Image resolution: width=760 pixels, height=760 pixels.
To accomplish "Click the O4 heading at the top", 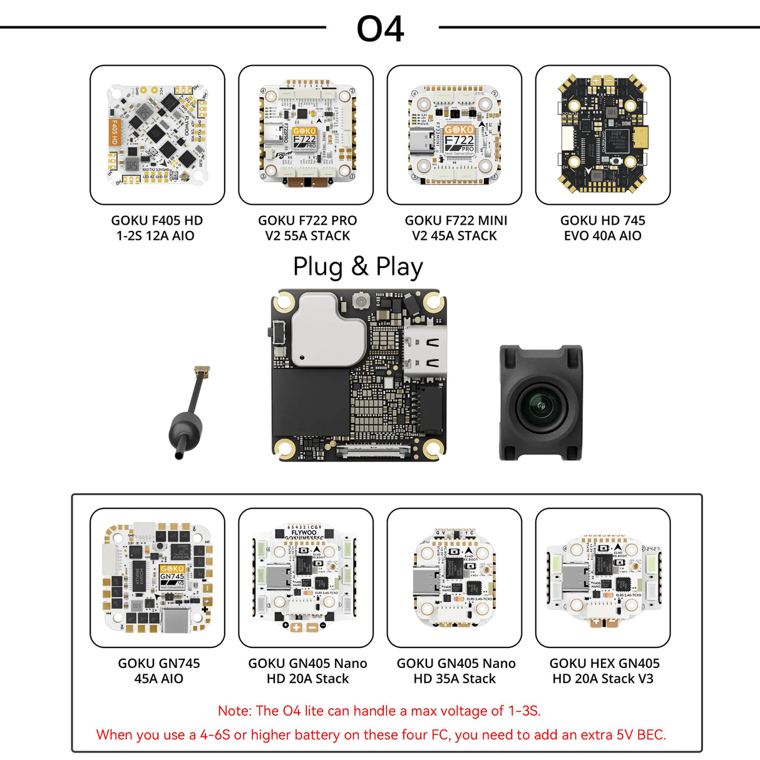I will (380, 29).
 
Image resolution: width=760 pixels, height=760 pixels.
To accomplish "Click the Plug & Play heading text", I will (358, 267).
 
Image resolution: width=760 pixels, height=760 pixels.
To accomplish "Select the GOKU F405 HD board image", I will (157, 135).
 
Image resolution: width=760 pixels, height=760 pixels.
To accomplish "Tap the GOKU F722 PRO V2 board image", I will (306, 135).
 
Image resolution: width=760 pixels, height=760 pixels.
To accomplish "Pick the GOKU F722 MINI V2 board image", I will (454, 135).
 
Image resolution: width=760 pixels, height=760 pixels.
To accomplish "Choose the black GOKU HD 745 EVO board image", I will (602, 135).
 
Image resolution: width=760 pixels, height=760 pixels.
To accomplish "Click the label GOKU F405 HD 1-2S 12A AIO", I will (157, 228).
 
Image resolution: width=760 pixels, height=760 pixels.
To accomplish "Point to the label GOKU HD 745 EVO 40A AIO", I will (602, 228).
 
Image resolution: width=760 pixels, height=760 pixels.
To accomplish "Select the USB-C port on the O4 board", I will (426, 352).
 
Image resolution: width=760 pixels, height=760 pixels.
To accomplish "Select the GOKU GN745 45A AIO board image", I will (157, 577).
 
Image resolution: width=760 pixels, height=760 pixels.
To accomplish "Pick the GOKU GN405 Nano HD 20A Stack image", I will (306, 577).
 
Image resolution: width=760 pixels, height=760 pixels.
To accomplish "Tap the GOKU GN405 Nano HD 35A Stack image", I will (454, 577).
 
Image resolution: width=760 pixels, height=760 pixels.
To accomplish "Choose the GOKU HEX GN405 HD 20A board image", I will (602, 577).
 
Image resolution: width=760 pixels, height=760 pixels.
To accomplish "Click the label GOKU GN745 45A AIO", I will (158, 670).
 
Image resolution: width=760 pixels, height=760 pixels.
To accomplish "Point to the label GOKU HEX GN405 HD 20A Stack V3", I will (603, 670).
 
